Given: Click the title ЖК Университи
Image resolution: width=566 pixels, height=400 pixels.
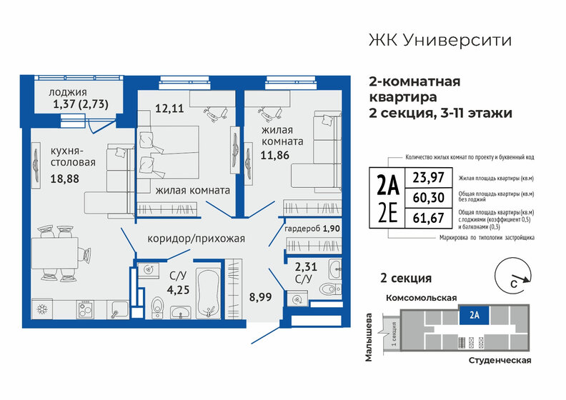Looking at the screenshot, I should pos(439,40).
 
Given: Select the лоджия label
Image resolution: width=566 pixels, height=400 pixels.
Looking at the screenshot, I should pos(68,92).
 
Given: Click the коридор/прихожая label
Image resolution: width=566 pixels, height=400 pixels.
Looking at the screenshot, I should pos(196,239).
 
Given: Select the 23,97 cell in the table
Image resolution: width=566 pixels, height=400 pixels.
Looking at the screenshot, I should pos(420,178).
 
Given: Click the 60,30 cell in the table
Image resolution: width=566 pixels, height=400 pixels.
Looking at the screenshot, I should pos(420,196).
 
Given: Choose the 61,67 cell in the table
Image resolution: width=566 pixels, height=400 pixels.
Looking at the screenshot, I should pos(420,214).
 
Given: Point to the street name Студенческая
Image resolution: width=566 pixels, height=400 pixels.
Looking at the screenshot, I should pos(498,361).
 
